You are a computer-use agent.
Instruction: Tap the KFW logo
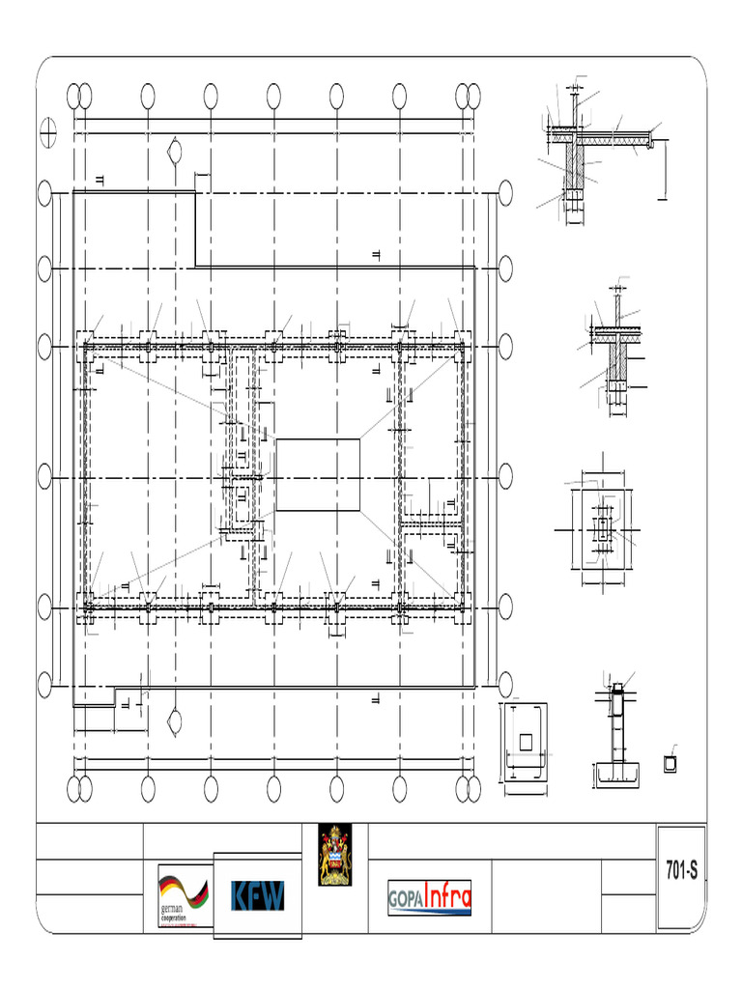[258, 896]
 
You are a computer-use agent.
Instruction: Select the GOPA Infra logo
[429, 897]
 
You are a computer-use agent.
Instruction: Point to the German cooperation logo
[183, 897]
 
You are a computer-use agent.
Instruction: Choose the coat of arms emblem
[336, 855]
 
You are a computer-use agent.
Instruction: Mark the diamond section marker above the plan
[175, 151]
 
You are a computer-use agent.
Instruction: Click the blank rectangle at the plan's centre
[319, 474]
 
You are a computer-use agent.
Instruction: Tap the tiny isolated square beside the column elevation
[671, 764]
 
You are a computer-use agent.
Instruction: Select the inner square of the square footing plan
[526, 741]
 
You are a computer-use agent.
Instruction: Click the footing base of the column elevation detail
[616, 771]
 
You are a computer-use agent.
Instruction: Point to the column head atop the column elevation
[616, 692]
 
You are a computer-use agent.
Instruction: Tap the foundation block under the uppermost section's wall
[573, 197]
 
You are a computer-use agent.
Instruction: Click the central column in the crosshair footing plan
[603, 528]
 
